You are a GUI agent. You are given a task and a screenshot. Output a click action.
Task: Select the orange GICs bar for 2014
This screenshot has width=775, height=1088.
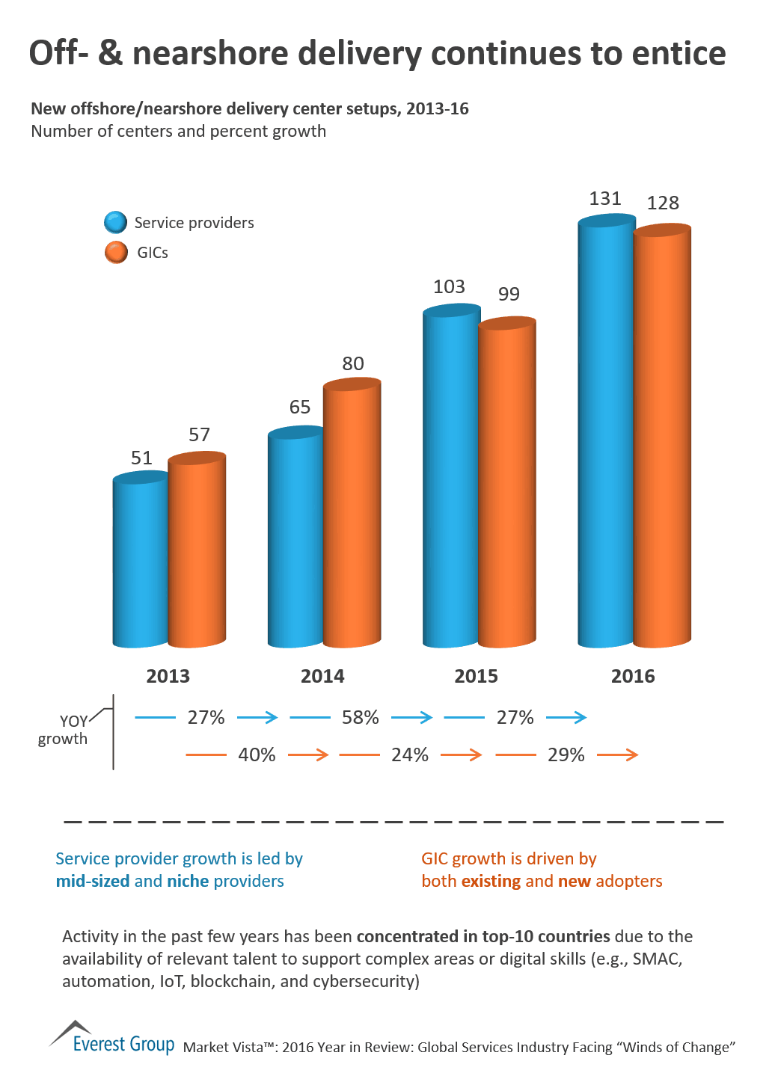tap(352, 516)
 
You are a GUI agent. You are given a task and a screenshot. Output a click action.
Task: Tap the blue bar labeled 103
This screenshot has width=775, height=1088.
tap(451, 479)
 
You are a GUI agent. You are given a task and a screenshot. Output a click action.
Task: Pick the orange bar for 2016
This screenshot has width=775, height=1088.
tap(662, 437)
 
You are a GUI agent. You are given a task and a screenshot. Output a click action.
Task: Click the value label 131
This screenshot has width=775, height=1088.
tap(605, 199)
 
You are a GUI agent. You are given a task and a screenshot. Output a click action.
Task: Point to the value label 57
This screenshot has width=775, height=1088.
tap(199, 435)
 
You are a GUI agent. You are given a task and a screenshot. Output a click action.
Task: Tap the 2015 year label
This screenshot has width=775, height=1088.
tap(476, 677)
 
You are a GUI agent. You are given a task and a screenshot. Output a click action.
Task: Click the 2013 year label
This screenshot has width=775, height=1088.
tap(168, 677)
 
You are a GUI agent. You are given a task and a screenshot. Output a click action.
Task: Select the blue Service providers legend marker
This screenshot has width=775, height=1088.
tap(116, 223)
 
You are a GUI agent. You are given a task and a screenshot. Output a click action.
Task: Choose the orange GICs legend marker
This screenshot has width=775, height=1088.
tap(116, 253)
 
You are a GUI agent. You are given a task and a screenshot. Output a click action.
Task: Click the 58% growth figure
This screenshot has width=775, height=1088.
tap(360, 718)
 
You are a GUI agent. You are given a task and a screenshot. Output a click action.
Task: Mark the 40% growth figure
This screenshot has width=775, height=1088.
tap(257, 755)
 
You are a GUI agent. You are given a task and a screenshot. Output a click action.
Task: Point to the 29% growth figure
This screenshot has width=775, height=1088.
tap(566, 755)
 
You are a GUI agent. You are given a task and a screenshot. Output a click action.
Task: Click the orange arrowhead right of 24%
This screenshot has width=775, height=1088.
tap(475, 755)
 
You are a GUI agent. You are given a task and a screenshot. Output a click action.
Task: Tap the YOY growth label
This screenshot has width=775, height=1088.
tap(64, 730)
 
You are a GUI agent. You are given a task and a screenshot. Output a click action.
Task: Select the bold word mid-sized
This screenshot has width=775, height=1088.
tap(93, 882)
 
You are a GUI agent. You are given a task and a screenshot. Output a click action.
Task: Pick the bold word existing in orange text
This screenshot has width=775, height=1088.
tap(491, 882)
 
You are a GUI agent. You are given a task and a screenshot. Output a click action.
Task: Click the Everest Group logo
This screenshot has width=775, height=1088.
tap(112, 1039)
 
